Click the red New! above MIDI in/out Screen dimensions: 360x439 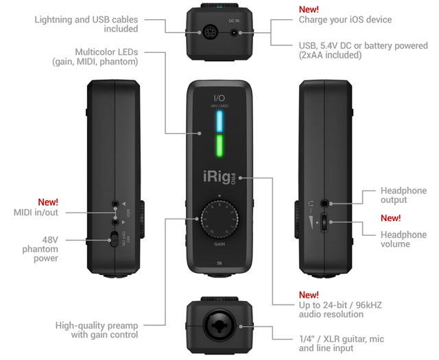point(48,202)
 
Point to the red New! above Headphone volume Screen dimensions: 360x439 point(391,218)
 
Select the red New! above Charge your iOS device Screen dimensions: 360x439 point(309,10)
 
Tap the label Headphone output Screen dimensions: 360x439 point(403,195)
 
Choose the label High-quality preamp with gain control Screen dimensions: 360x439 point(97,330)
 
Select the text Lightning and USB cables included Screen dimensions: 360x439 point(86,24)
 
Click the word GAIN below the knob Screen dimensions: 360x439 point(219,244)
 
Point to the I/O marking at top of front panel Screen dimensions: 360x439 point(219,98)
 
